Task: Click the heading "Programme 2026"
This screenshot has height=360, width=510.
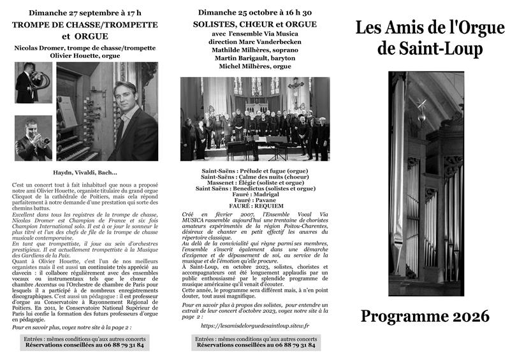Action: tap(425, 316)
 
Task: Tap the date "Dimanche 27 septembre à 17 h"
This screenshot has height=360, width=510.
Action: tap(85, 13)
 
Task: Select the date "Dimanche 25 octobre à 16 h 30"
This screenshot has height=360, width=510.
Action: tap(254, 12)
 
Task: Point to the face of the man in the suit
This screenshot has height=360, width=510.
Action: tap(126, 96)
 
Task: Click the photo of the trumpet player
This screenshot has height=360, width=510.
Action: tap(33, 138)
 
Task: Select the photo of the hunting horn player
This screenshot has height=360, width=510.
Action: tap(33, 83)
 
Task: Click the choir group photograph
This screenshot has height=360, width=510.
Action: tap(254, 119)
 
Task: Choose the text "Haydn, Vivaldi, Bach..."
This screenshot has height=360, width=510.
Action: tap(85, 172)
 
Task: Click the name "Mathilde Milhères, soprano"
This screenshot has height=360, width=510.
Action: tap(254, 50)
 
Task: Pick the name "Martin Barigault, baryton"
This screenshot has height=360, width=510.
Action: tap(254, 58)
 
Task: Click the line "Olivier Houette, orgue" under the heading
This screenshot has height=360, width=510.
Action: tap(85, 55)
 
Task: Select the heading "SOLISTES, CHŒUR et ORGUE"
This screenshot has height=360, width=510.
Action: tap(254, 23)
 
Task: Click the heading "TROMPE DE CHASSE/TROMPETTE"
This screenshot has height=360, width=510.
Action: tap(85, 24)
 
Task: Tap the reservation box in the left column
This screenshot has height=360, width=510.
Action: tap(85, 342)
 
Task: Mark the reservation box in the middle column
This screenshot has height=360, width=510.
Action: tap(254, 342)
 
